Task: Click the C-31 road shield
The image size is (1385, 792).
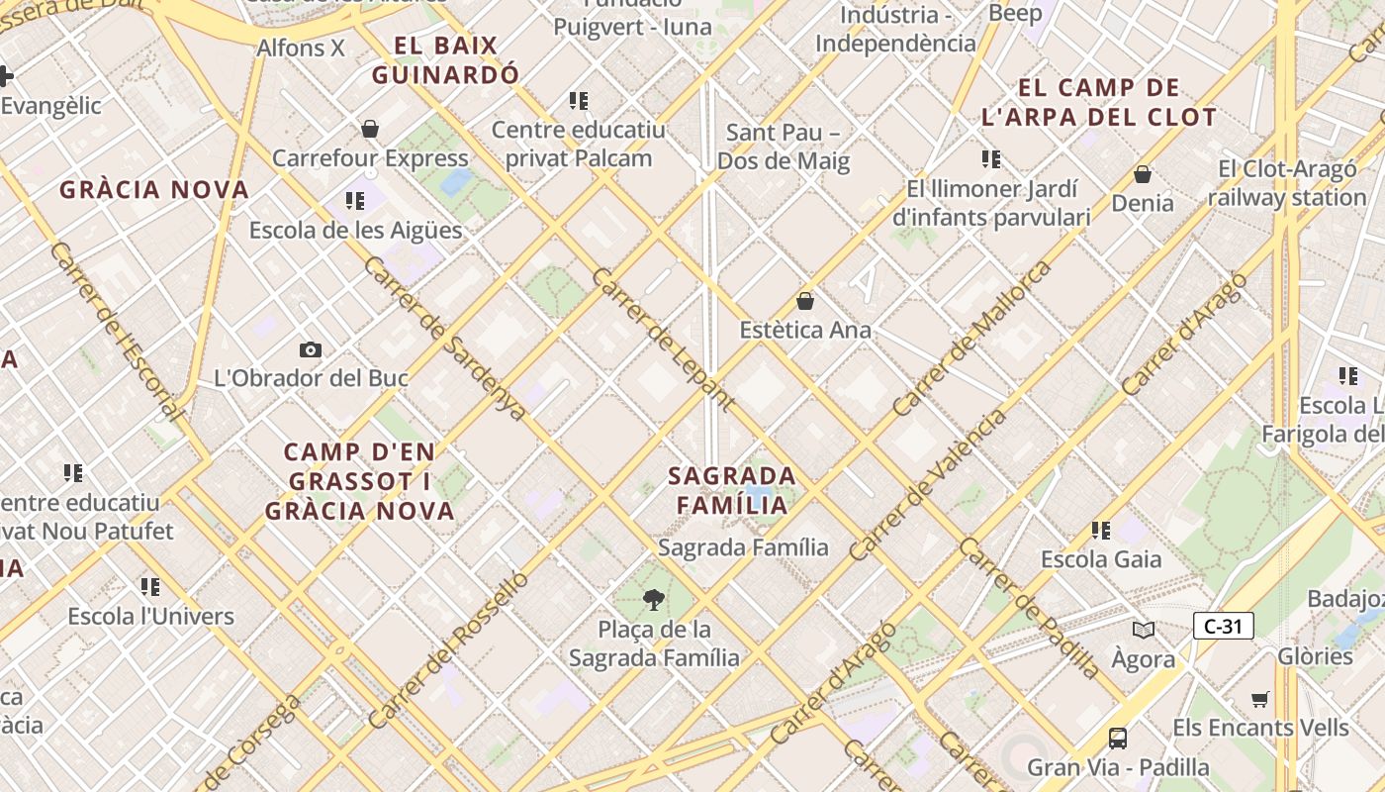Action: pos(1224,626)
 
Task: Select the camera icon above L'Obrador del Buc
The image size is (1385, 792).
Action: pos(310,349)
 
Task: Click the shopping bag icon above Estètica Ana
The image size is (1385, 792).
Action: pos(805,301)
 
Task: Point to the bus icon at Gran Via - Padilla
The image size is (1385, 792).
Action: pos(1118,738)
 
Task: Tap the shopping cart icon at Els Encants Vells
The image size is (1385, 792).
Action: pos(1260,700)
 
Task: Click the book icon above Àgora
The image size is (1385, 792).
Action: pos(1144,630)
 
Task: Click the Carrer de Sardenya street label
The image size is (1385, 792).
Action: pos(445,338)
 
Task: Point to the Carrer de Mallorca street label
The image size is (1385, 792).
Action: pos(972,339)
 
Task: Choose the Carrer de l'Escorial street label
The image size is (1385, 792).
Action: pos(115,332)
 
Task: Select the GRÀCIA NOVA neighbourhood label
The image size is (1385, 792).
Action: pos(154,190)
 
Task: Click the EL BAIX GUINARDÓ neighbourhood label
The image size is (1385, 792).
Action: pos(445,60)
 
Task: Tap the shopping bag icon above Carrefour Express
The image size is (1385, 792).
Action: pos(370,129)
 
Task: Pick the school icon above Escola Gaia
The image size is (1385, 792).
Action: pos(1101,531)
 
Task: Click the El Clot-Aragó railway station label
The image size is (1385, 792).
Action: pos(1286,183)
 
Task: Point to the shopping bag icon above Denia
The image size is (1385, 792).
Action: pos(1143,174)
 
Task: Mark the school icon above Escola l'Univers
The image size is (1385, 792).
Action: pos(150,587)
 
